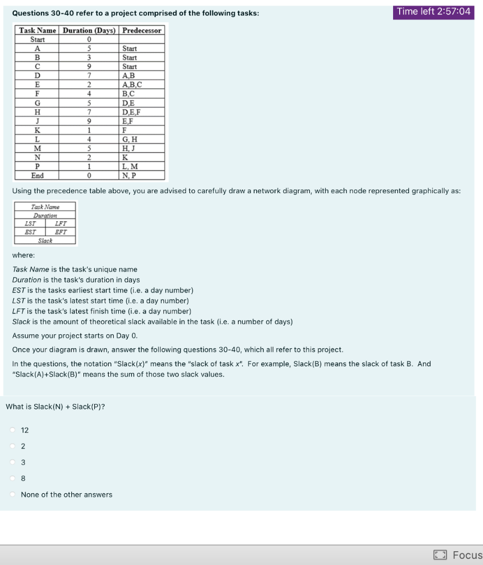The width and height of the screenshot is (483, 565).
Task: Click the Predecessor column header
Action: (x=142, y=30)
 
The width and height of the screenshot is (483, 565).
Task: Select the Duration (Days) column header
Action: (x=89, y=30)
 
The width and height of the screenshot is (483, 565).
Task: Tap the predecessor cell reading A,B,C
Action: (x=132, y=84)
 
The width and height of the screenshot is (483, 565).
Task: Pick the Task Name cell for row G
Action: (x=38, y=103)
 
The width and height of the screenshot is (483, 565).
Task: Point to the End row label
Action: (x=38, y=175)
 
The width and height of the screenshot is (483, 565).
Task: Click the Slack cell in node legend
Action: (x=45, y=241)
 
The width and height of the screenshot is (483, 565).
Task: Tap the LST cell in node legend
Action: (x=30, y=223)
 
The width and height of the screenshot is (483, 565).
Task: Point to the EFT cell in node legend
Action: (x=61, y=232)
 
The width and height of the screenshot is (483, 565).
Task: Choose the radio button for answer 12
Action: (x=13, y=430)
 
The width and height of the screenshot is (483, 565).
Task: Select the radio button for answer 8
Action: (x=13, y=478)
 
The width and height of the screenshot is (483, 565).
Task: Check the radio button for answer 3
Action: (x=13, y=462)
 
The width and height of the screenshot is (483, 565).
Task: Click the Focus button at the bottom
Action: (x=457, y=555)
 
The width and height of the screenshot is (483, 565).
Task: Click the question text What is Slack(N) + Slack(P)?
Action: (x=55, y=407)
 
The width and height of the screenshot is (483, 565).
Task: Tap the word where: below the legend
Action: (x=23, y=255)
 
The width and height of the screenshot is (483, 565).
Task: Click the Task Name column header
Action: (x=38, y=30)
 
